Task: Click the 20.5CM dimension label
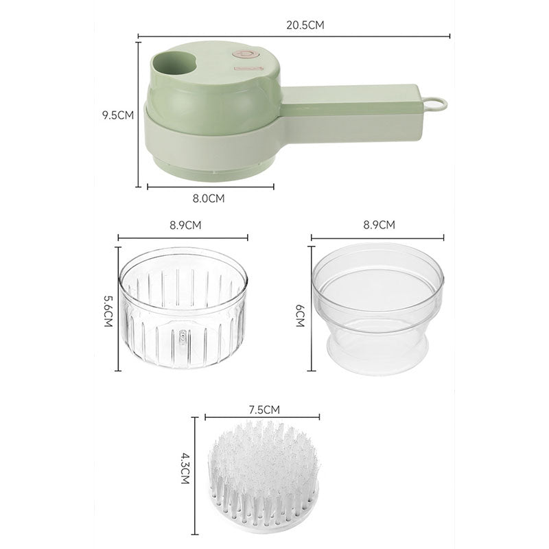point(305,25)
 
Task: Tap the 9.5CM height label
point(118,115)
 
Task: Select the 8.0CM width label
point(209,198)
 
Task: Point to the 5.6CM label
point(108,312)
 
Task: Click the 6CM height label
point(300,316)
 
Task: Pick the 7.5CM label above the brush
point(264,410)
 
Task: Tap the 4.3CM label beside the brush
point(185,469)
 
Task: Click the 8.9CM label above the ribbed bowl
point(185,225)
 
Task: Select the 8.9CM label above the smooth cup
point(379,224)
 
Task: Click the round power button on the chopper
point(246,55)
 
